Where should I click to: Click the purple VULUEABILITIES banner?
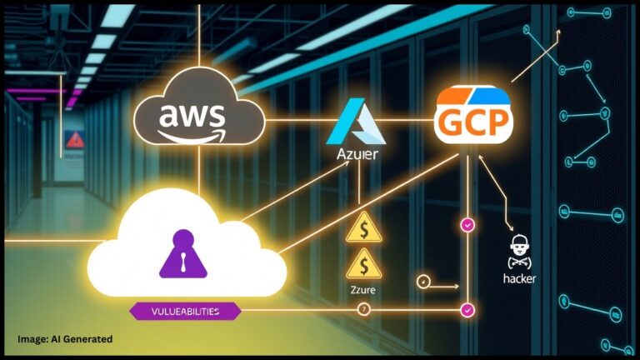tap(186, 311)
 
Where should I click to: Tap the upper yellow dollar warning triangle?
tap(363, 227)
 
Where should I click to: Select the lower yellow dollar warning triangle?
tap(363, 266)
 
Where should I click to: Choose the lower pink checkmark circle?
tap(467, 310)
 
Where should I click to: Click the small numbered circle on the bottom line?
tap(363, 310)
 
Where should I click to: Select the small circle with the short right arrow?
tap(422, 282)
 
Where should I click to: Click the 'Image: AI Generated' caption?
tap(65, 339)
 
